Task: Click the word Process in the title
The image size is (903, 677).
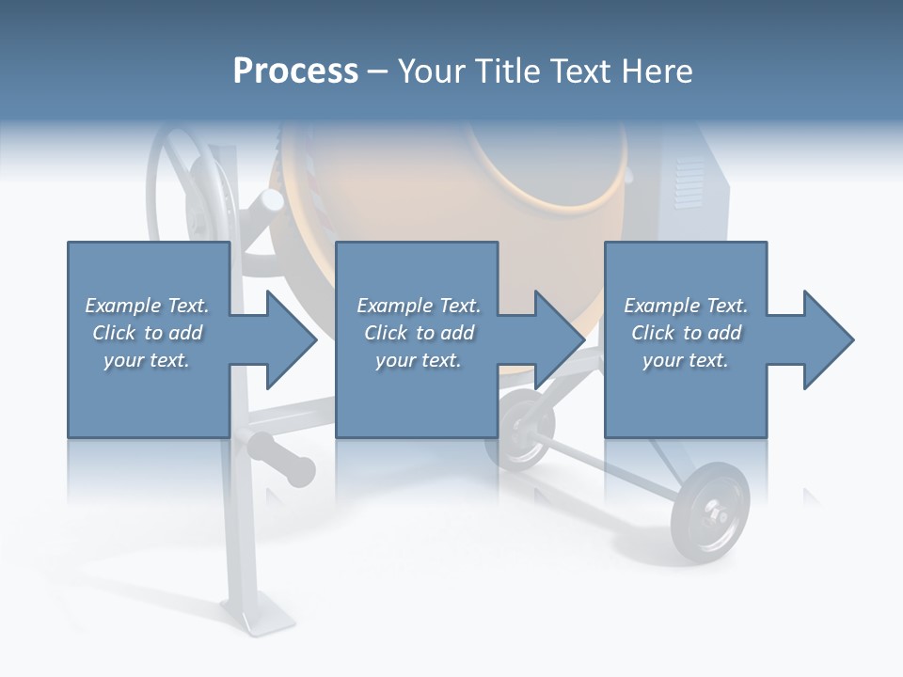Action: coord(295,71)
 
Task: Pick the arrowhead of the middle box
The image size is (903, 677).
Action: coord(558,340)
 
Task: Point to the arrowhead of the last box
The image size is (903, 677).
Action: coord(827,340)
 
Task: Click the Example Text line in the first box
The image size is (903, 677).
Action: coord(147,306)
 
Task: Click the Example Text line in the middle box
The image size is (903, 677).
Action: coord(419,306)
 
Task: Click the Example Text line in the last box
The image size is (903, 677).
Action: coord(686,306)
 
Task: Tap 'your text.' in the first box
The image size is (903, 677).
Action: coord(147,360)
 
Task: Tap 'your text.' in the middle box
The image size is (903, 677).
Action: coord(419,360)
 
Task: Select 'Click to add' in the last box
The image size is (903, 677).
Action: coord(686,333)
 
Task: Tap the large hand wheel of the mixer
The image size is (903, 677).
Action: coord(188,188)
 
